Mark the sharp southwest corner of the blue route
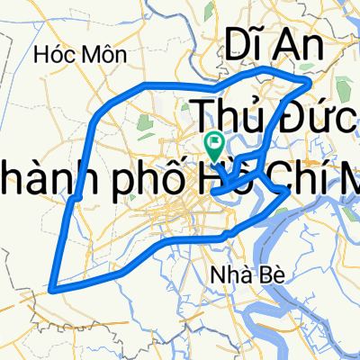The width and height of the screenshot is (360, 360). [53, 289]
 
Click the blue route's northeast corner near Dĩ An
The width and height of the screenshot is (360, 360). [309, 82]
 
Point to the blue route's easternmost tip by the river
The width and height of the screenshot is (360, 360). [287, 191]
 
